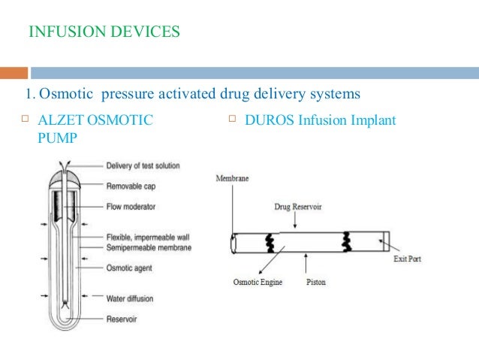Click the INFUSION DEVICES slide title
104,32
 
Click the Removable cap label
130,184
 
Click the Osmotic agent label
129,267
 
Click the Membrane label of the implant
233,179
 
